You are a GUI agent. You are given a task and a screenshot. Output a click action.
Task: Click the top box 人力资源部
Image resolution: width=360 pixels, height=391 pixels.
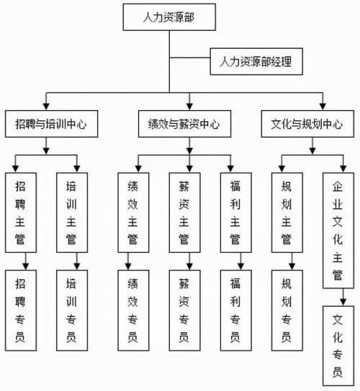click(169, 17)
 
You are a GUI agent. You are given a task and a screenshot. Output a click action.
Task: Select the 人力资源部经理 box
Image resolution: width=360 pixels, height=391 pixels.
click(256, 62)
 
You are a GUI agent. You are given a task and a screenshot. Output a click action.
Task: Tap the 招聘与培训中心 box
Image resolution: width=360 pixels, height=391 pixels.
click(51, 124)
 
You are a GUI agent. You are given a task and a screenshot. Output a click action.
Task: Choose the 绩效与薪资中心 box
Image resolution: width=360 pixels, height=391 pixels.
click(184, 124)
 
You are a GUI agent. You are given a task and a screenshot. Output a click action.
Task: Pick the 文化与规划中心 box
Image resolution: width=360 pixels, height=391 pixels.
click(307, 124)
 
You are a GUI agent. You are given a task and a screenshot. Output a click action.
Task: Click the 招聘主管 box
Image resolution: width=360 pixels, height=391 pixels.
click(21, 212)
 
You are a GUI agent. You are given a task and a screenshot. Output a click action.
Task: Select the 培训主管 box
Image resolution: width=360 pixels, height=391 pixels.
click(72, 212)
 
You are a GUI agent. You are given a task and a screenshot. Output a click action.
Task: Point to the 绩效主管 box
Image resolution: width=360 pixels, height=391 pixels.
click(133, 212)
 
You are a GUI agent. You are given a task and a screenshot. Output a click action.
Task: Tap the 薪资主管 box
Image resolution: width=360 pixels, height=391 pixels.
click(184, 212)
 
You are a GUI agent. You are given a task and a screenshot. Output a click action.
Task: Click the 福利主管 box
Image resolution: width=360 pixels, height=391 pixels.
click(236, 212)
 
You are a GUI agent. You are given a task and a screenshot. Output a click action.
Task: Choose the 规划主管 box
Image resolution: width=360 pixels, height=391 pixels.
click(287, 212)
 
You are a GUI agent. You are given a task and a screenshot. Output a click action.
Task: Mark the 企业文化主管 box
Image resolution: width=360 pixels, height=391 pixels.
click(338, 230)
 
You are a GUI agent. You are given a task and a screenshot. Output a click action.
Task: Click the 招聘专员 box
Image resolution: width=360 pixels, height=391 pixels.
click(21, 310)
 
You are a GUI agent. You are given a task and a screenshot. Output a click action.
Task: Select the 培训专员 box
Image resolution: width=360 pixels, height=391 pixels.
click(72, 310)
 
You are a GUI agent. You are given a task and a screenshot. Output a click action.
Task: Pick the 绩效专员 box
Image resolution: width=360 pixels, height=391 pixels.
click(133, 310)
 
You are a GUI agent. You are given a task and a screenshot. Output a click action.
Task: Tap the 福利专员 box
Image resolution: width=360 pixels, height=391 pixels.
click(236, 310)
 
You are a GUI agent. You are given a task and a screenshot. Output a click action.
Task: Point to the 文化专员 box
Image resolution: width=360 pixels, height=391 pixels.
click(338, 346)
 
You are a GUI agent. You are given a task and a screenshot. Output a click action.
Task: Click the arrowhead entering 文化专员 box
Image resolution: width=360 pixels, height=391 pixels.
click(343, 302)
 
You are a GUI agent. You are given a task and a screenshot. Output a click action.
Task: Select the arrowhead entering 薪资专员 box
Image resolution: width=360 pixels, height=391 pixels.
click(190, 266)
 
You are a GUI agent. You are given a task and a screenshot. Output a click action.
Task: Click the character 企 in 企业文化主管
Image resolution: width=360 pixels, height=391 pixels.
click(337, 186)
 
